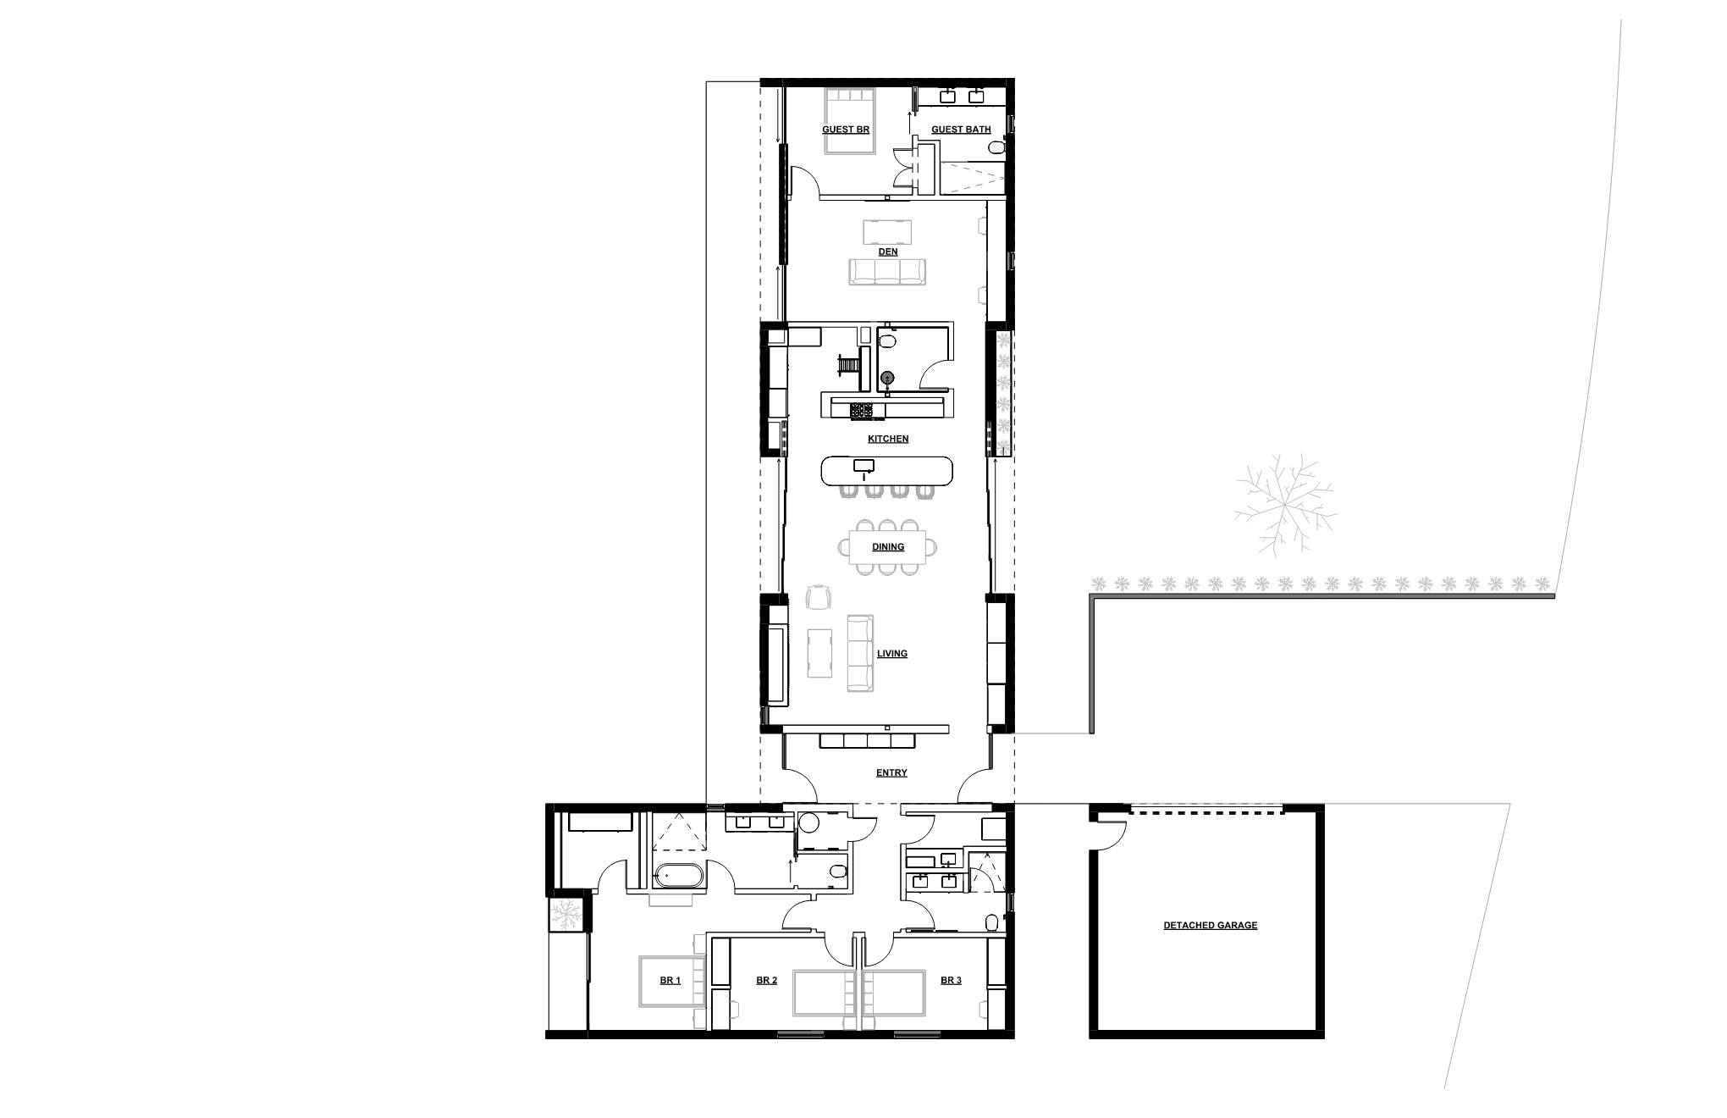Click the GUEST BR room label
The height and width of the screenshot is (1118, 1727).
pyautogui.click(x=846, y=130)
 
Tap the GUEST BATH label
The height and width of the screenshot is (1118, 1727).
pyautogui.click(x=961, y=130)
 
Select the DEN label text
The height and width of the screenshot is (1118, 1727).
pyautogui.click(x=887, y=252)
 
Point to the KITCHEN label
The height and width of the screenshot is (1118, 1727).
pyautogui.click(x=888, y=439)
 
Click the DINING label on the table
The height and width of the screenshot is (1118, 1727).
pyautogui.click(x=888, y=547)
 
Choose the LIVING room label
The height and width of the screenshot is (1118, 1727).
pyautogui.click(x=892, y=654)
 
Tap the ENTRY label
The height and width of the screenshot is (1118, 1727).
pyautogui.click(x=891, y=772)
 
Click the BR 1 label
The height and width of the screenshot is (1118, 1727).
pyautogui.click(x=670, y=980)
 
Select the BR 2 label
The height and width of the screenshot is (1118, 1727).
pyautogui.click(x=766, y=980)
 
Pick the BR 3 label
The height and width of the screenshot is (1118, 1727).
pyautogui.click(x=951, y=980)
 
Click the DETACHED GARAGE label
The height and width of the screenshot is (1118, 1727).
pyautogui.click(x=1210, y=925)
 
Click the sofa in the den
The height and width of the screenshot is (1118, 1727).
pyautogui.click(x=887, y=271)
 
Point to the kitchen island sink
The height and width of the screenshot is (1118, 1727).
pyautogui.click(x=863, y=465)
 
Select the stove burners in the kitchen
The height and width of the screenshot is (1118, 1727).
pyautogui.click(x=862, y=411)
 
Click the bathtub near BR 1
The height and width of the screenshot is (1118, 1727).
pyautogui.click(x=678, y=876)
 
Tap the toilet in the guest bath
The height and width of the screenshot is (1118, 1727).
pyautogui.click(x=997, y=149)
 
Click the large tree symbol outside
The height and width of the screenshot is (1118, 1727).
pyautogui.click(x=1285, y=504)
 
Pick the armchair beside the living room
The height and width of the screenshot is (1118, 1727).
pyautogui.click(x=818, y=597)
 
